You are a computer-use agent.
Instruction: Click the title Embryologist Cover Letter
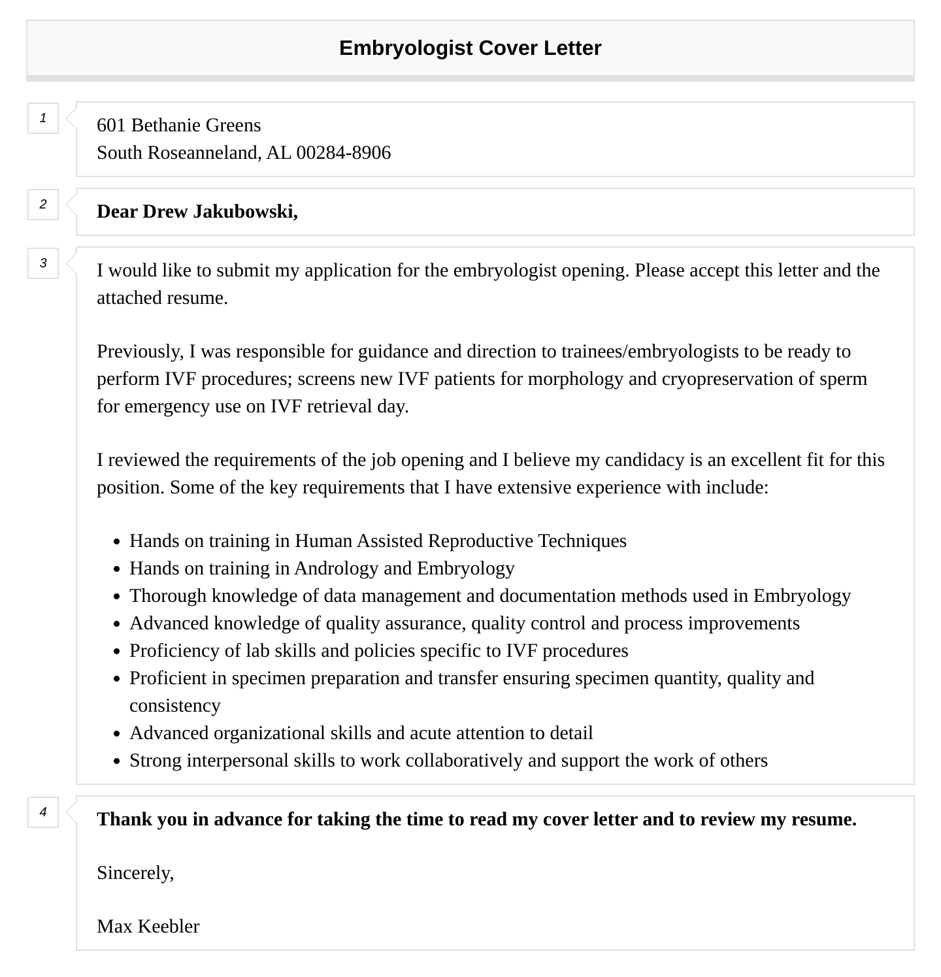point(470,48)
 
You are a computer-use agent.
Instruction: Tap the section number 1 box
point(43,118)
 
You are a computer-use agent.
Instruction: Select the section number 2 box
point(43,205)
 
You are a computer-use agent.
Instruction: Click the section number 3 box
point(43,263)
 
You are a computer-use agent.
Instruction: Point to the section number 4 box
point(43,812)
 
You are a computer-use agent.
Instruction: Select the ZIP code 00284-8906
point(344,152)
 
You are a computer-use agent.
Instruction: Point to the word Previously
point(140,351)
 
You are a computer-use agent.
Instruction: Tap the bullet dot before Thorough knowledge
point(116,597)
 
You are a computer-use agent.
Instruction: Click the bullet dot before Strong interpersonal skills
point(116,761)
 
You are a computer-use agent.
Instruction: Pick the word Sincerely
point(135,872)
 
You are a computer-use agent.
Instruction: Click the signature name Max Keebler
point(148,926)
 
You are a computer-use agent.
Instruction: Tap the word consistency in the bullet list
point(175,705)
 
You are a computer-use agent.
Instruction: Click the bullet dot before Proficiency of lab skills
point(116,652)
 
